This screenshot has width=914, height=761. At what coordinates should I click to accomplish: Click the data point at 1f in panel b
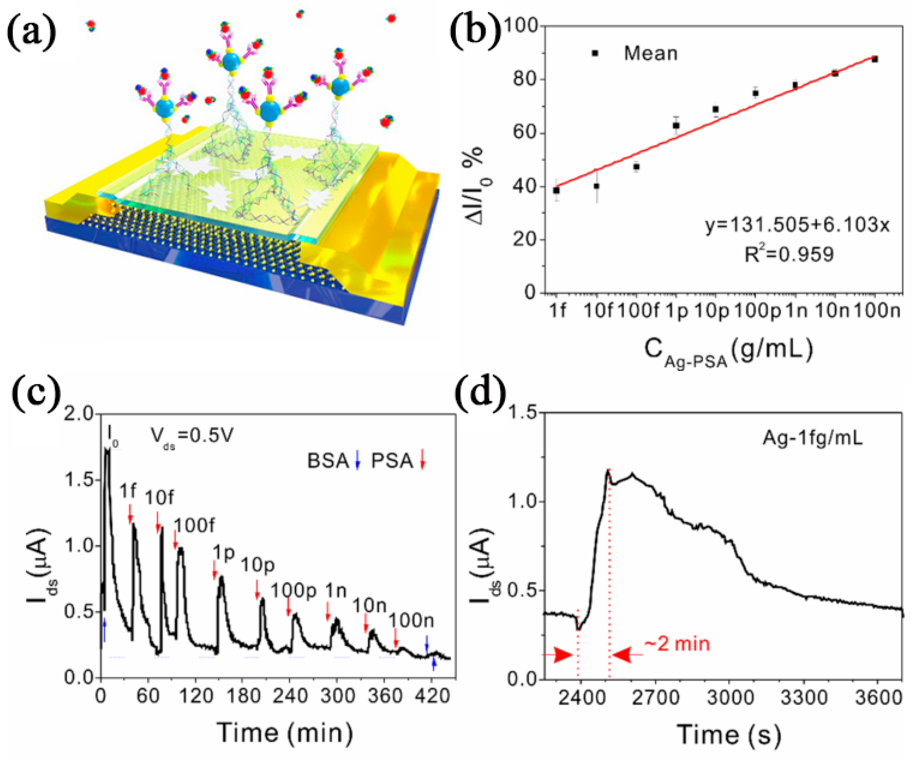556,190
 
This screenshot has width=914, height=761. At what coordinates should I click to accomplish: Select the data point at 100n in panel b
874,59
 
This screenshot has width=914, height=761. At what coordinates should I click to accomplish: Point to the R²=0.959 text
789,254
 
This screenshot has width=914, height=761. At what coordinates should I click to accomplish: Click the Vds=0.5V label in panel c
192,435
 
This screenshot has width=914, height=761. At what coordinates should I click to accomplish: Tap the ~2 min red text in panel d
676,644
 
